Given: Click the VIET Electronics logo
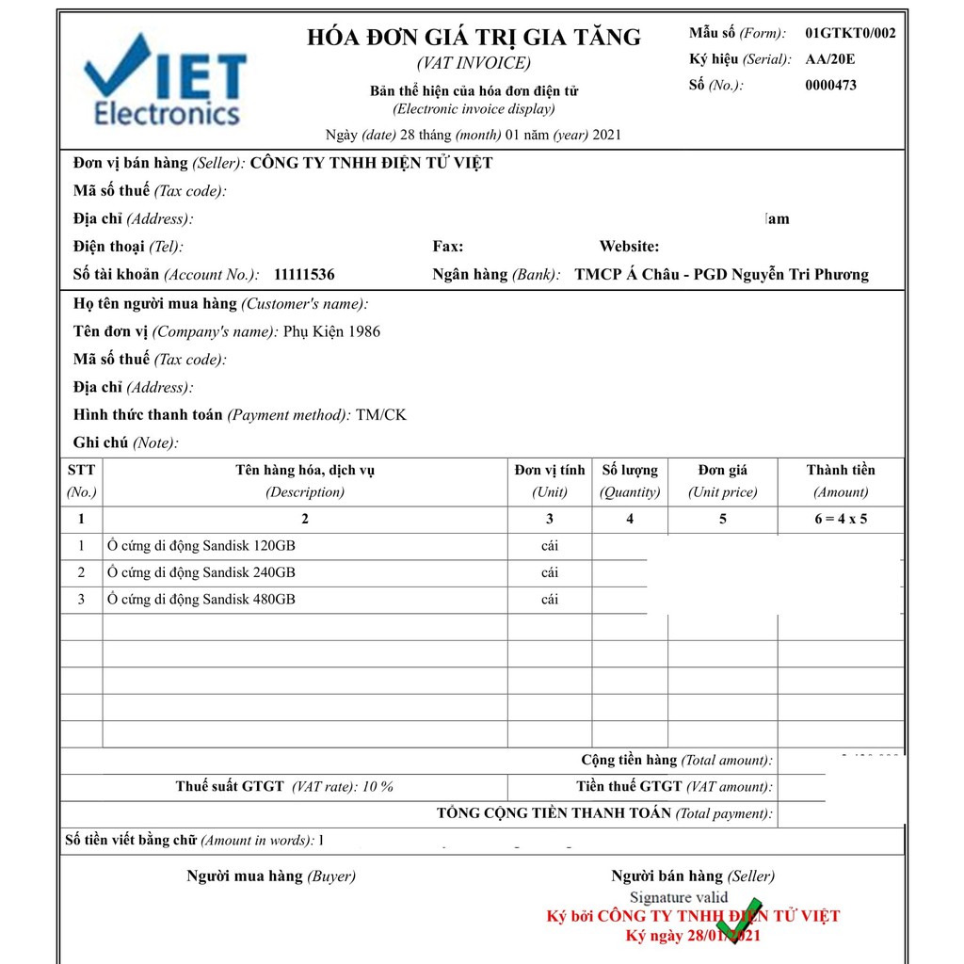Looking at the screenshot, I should pos(166,82).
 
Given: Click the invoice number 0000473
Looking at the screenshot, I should pos(830,85).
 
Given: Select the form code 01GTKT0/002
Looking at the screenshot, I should pos(850,34).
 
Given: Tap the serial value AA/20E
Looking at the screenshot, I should pos(829,59).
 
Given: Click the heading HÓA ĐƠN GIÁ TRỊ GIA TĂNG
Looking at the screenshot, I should pos(474,38).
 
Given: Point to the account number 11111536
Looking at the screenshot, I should pos(304,275).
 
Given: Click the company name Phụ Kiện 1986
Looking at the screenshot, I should pos(331,331).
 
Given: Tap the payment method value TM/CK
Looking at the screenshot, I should pos(381,415).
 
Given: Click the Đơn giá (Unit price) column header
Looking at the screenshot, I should pos(722,480).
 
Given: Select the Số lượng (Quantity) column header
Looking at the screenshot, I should pos(630,480).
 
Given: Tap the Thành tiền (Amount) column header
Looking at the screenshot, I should pos(840,480).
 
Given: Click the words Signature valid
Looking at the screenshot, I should pos(678,897).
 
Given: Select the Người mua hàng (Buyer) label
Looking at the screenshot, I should pos(271,876).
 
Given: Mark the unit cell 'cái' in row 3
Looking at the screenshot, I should pos(550,599).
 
